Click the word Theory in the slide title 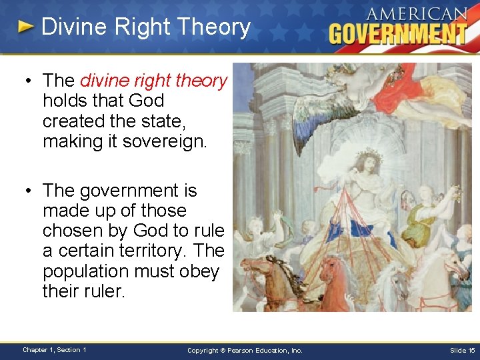[x=220, y=27]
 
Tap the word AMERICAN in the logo [x=417, y=14]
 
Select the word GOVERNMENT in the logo [x=398, y=33]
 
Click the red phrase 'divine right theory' [x=153, y=81]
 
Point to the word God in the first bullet [x=147, y=101]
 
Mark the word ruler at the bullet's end [x=101, y=291]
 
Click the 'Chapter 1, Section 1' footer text [x=53, y=349]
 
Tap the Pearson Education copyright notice [x=245, y=350]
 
